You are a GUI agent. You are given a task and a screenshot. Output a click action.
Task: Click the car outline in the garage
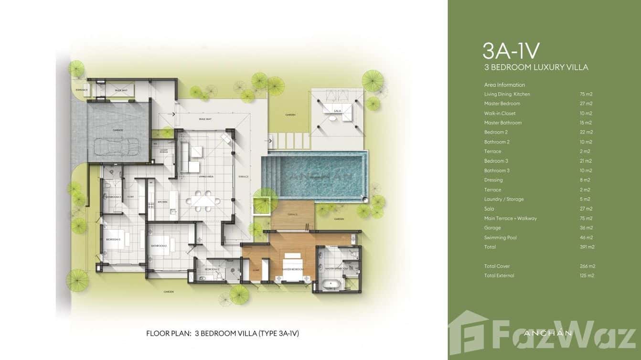pyautogui.click(x=118, y=147)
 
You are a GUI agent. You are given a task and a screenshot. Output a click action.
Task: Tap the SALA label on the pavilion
pyautogui.click(x=337, y=110)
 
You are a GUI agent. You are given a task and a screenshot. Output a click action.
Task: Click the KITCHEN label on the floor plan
pyautogui.click(x=163, y=202)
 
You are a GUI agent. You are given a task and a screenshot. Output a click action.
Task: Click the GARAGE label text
pyautogui.click(x=118, y=130)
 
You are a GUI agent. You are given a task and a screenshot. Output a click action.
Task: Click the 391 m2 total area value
pyautogui.click(x=586, y=247)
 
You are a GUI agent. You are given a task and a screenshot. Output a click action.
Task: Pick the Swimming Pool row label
pyautogui.click(x=500, y=237)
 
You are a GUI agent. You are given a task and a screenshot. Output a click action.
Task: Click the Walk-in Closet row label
pyautogui.click(x=500, y=113)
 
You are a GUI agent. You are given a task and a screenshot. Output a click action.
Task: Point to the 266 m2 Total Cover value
pyautogui.click(x=587, y=266)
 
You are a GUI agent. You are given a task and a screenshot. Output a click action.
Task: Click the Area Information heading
pyautogui.click(x=504, y=85)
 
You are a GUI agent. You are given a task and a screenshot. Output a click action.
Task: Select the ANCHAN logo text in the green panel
pyautogui.click(x=548, y=333)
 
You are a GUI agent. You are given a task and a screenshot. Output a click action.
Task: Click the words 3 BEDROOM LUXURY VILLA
pyautogui.click(x=536, y=67)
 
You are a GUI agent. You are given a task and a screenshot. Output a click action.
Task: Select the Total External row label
pyautogui.click(x=499, y=275)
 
